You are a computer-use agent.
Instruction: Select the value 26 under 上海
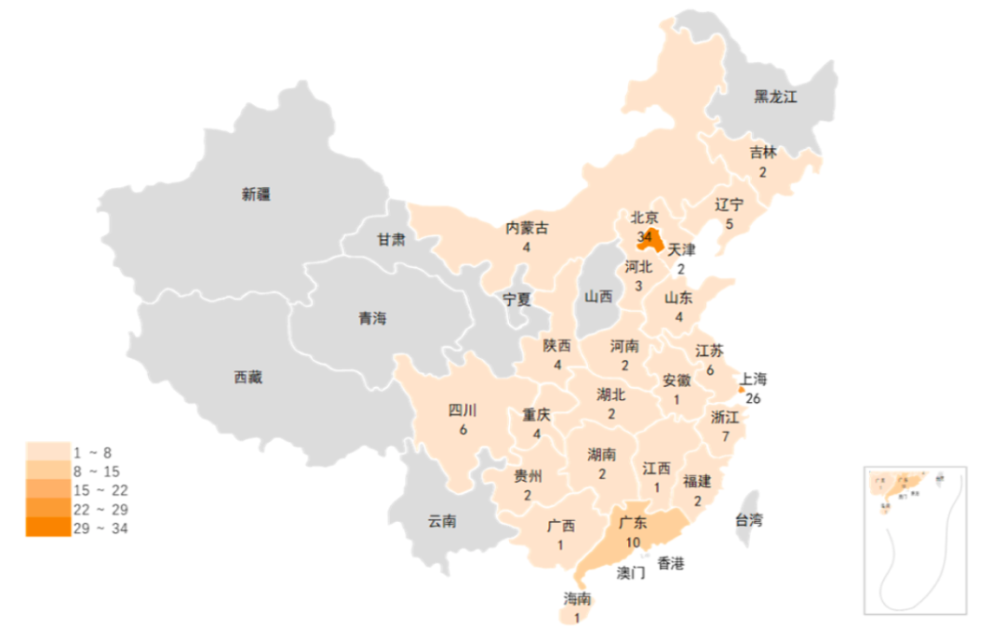(753, 398)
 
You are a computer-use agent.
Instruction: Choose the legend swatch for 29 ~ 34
(48, 528)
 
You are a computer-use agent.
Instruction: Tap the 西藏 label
(248, 377)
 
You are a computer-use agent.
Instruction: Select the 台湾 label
(750, 520)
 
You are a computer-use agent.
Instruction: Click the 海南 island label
(577, 598)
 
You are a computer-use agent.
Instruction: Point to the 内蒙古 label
(527, 228)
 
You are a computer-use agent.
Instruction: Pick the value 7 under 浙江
(725, 435)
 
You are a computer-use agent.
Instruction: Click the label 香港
(670, 563)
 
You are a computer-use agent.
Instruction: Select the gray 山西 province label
(598, 297)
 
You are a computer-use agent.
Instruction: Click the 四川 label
(462, 410)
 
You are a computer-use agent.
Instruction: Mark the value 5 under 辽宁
(730, 223)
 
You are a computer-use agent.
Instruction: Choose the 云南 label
(442, 521)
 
